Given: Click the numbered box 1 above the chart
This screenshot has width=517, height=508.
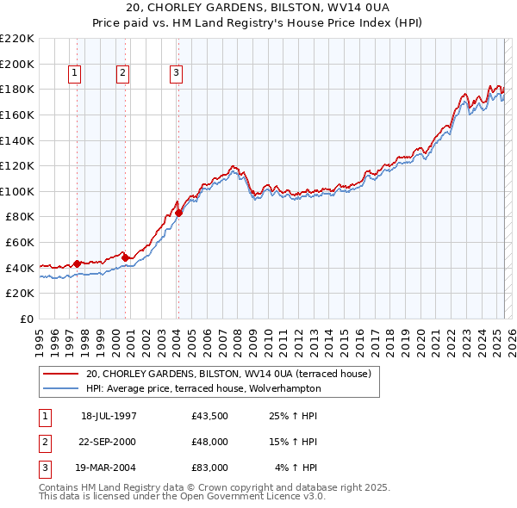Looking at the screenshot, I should pyautogui.click(x=75, y=74).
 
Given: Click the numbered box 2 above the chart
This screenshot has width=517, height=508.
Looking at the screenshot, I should pyautogui.click(x=123, y=74).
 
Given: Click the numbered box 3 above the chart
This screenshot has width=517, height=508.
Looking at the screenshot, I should pyautogui.click(x=176, y=74).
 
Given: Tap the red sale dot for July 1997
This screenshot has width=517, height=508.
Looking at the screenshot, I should pyautogui.click(x=77, y=263).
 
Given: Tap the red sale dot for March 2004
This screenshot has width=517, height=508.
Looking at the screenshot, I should pyautogui.click(x=178, y=213).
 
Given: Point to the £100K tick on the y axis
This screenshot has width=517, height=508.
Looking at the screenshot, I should pyautogui.click(x=18, y=191).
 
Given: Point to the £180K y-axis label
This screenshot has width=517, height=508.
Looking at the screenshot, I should pyautogui.click(x=18, y=89).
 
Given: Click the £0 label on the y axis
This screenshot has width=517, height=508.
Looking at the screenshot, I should pyautogui.click(x=26, y=319).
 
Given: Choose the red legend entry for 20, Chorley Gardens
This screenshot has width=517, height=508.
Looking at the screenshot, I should pyautogui.click(x=227, y=375).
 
